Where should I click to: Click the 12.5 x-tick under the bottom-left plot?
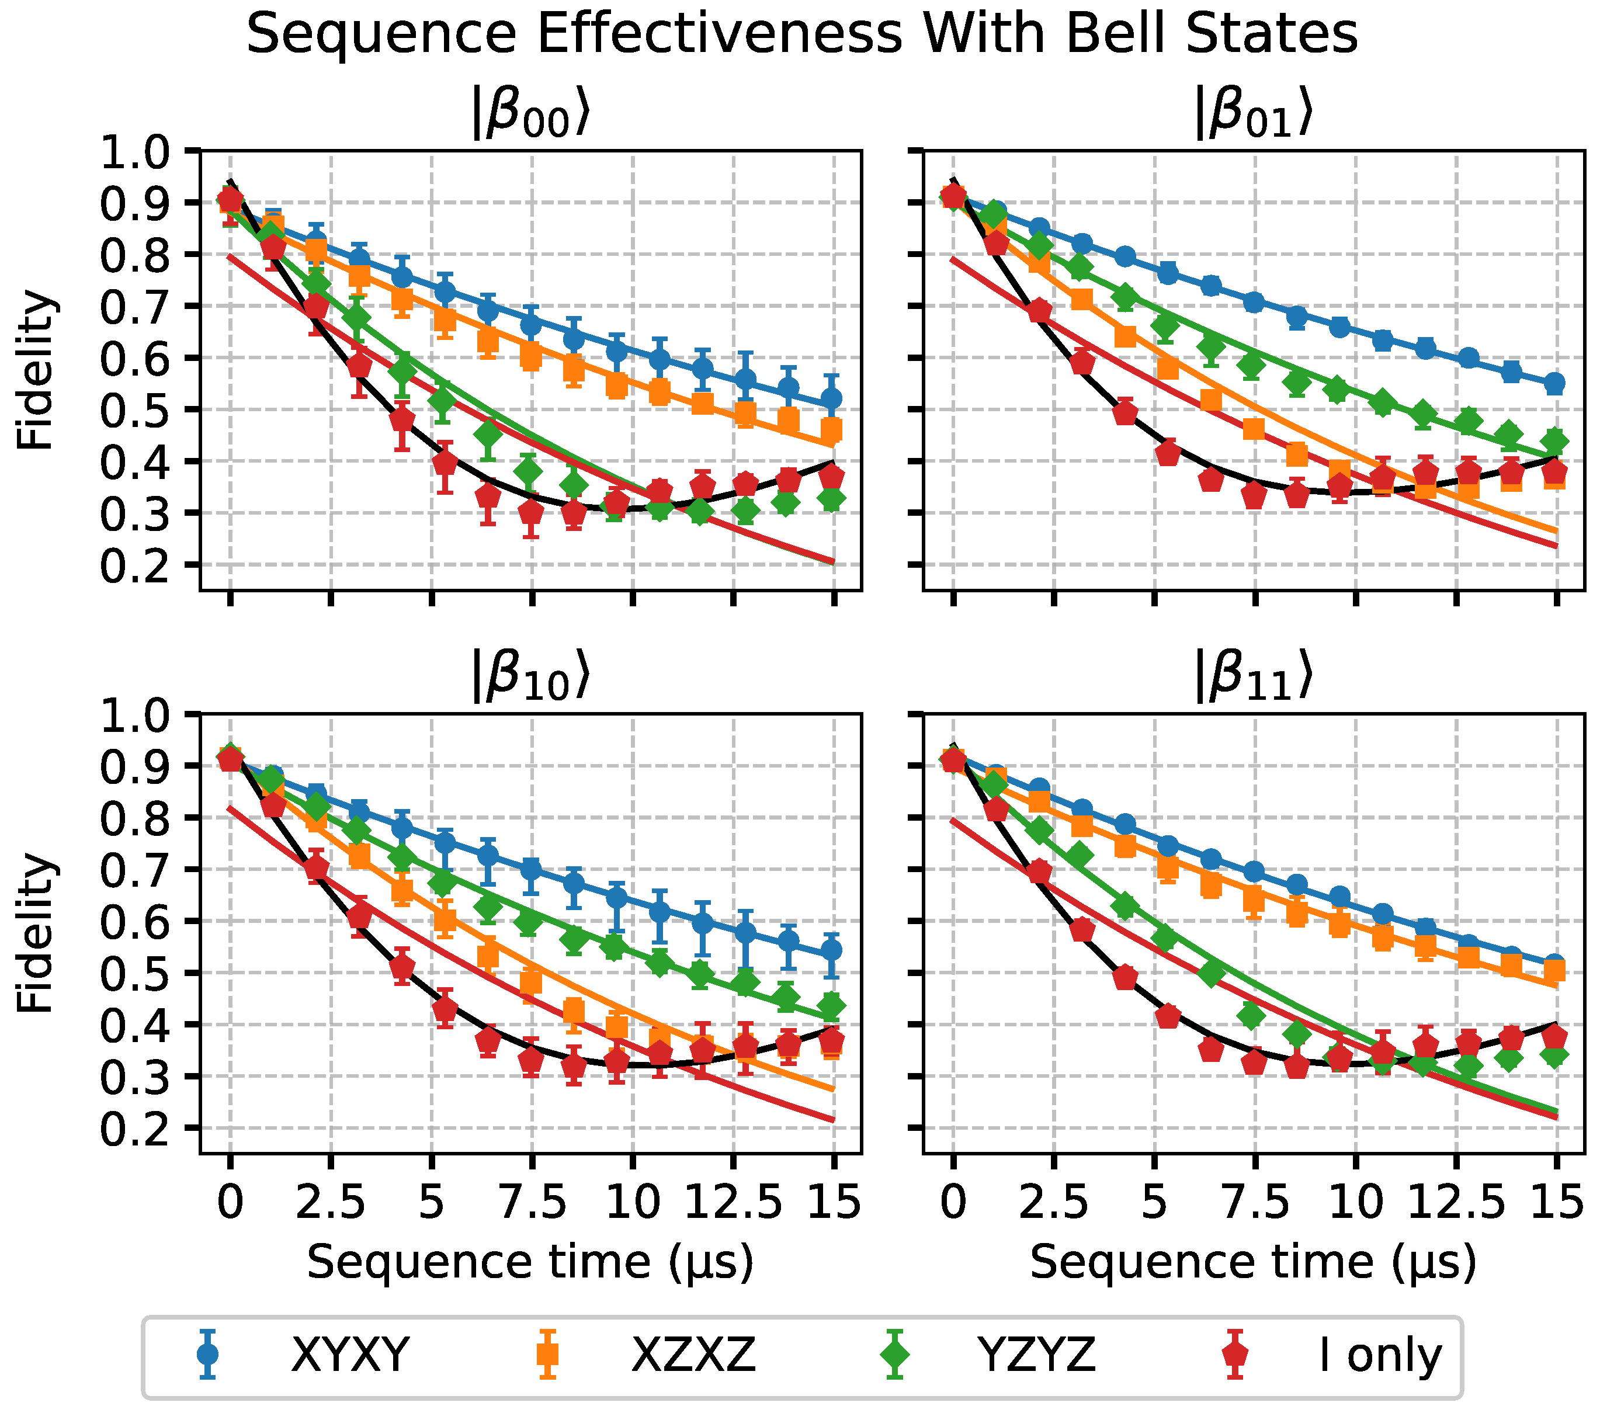pyautogui.click(x=734, y=1202)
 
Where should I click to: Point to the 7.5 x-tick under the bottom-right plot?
pyautogui.click(x=1255, y=1202)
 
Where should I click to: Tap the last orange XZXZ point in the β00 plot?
pyautogui.click(x=831, y=431)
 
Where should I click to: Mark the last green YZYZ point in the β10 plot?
pyautogui.click(x=831, y=1006)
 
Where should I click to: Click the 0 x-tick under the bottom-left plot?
pyautogui.click(x=230, y=1202)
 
